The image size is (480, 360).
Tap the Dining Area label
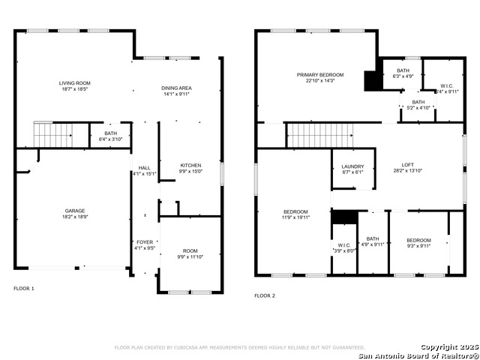coord(176,91)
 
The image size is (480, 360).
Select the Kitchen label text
coord(190,168)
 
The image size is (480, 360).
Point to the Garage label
coord(74,214)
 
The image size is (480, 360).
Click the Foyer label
coord(145,244)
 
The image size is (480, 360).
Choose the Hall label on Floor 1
coord(144,170)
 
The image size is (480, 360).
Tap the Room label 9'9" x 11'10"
coord(190,253)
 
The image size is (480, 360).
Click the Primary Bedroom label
coord(319,78)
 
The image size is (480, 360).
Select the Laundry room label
coord(352,169)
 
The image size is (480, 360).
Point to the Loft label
coord(407,167)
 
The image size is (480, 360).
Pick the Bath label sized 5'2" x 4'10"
coord(418,105)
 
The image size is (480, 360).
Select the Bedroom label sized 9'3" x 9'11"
coord(418,243)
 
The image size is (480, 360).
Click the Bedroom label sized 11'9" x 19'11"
coord(295,214)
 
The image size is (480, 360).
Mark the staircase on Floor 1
coord(52,136)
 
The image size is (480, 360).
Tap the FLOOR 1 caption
coord(24,288)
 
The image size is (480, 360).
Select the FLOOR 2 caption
coord(265,295)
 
